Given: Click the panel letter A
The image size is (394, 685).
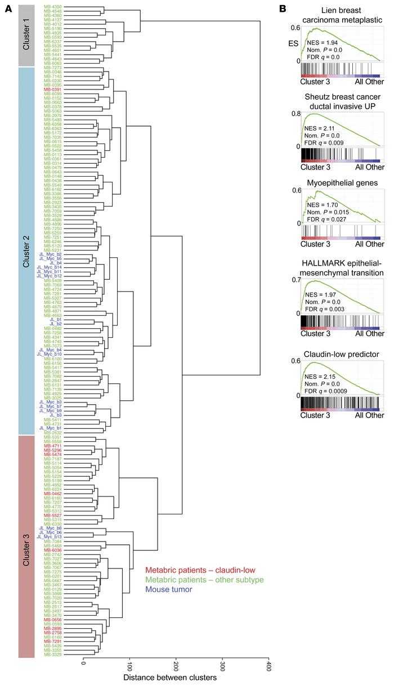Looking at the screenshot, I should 9,8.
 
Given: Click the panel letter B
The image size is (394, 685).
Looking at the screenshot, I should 283,8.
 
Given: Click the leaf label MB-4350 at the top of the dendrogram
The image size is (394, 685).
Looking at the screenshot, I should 53,6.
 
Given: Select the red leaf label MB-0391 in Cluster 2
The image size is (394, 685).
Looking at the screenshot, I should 53,89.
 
